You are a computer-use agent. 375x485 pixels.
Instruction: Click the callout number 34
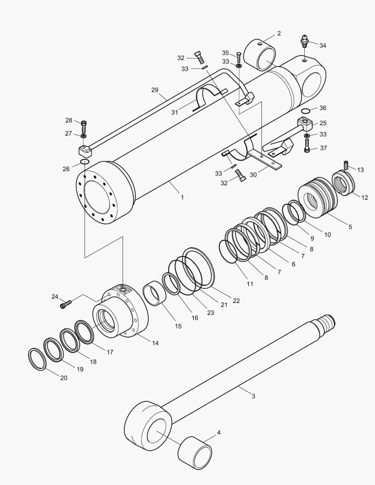pyautogui.click(x=323, y=45)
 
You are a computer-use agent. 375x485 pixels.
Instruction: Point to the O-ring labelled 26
pyautogui.click(x=84, y=162)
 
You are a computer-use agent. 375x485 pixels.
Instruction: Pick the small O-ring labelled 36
pyautogui.click(x=305, y=110)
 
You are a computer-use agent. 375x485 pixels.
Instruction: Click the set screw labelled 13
pyautogui.click(x=346, y=165)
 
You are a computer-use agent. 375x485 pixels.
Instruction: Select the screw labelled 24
pyautogui.click(x=66, y=305)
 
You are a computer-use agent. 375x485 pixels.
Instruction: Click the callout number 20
pyautogui.click(x=64, y=378)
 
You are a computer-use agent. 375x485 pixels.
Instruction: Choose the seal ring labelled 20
pyautogui.click(x=37, y=359)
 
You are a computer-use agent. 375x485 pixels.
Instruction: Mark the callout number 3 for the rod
pyautogui.click(x=253, y=396)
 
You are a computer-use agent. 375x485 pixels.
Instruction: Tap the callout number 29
pyautogui.click(x=155, y=90)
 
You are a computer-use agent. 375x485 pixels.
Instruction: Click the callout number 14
pyautogui.click(x=155, y=343)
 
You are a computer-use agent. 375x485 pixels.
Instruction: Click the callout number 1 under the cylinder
pyautogui.click(x=182, y=197)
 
